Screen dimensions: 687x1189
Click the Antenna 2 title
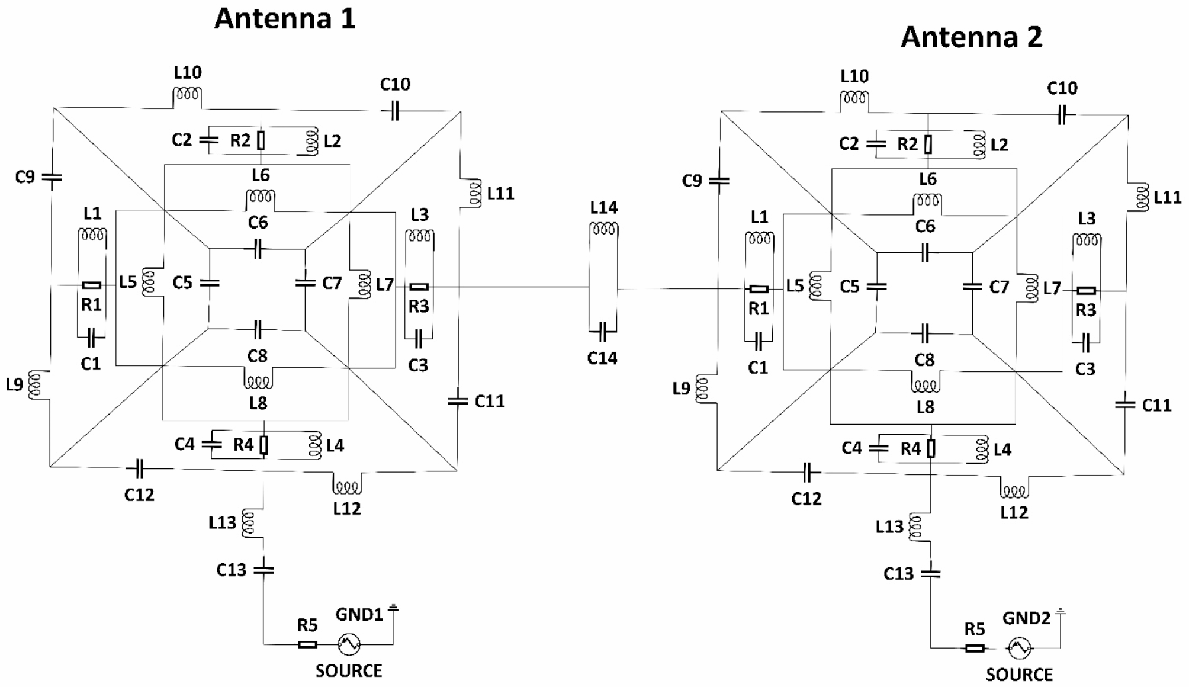coord(971,37)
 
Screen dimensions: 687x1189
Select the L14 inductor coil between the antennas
coord(604,229)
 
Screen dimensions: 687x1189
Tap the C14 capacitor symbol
coord(603,332)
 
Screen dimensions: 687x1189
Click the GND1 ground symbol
coord(393,608)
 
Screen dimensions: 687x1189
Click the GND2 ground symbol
coord(1061,612)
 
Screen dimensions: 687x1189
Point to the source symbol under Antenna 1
coord(349,644)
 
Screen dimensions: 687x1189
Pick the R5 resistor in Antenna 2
coord(975,648)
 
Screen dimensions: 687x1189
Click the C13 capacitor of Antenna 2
coord(931,573)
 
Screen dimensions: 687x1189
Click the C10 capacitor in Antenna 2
coord(1062,115)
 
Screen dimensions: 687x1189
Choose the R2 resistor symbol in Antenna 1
coord(261,140)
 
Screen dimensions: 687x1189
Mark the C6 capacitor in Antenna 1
coord(257,250)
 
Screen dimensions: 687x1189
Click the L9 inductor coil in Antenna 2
coord(702,389)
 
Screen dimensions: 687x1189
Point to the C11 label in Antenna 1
coord(490,402)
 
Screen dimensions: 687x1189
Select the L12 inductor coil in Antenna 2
coord(1014,492)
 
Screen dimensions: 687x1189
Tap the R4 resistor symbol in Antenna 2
coord(931,449)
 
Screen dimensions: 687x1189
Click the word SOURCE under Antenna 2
coord(1019,674)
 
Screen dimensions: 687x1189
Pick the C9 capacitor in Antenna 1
coord(52,177)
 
